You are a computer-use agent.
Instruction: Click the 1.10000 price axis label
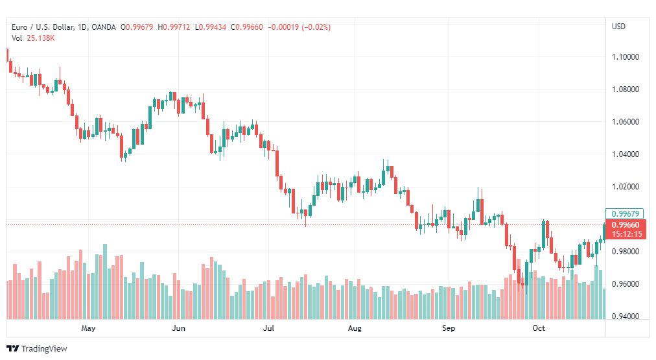[x=626, y=57]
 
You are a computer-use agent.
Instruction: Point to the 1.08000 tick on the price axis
[x=626, y=90]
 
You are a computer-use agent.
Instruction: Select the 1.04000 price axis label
[x=626, y=154]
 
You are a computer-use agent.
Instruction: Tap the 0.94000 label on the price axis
[x=626, y=317]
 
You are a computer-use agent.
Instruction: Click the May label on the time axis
[x=89, y=328]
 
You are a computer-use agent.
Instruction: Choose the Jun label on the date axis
[x=178, y=328]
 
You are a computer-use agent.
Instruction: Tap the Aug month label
[x=355, y=328]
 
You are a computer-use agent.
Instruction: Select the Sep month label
[x=449, y=328]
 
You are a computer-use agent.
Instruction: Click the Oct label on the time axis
[x=539, y=328]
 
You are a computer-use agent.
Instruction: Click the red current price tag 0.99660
[x=626, y=225]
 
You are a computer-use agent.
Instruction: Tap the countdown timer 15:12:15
[x=626, y=234]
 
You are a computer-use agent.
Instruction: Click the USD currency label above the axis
[x=618, y=27]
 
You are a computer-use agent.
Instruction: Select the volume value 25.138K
[x=41, y=38]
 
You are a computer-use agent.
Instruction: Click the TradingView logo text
[x=44, y=349]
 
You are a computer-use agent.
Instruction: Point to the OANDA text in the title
[x=104, y=27]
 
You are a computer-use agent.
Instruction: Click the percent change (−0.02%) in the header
[x=316, y=27]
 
